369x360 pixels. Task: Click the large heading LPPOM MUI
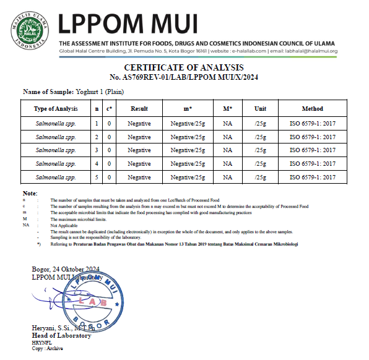point(129,24)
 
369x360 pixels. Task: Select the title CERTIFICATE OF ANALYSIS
point(184,67)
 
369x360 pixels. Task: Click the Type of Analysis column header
point(56,109)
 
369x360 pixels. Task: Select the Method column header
point(312,109)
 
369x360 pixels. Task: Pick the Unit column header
point(261,109)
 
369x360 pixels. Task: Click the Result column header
point(139,109)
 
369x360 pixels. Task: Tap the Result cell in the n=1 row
point(139,123)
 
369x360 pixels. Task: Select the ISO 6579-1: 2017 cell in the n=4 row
point(312,164)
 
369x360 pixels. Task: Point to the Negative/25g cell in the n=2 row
point(188,137)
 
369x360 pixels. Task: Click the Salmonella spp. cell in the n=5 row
point(56,178)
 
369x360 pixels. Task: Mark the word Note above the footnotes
point(29,194)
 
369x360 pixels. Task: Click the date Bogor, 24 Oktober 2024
point(66,269)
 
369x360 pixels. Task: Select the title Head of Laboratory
point(61,335)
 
